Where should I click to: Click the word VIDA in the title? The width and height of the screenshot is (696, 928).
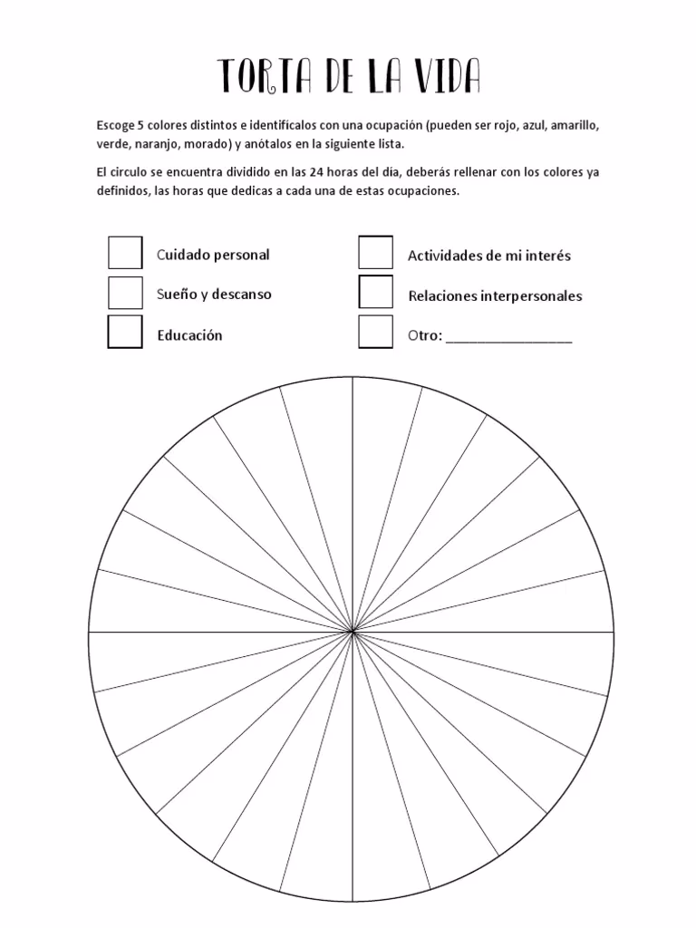(444, 77)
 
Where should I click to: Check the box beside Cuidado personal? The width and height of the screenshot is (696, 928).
(125, 253)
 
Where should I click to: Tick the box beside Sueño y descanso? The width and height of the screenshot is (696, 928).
(125, 293)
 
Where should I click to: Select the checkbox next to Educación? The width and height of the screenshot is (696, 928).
(125, 332)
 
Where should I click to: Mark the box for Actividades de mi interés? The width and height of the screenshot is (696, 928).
(375, 253)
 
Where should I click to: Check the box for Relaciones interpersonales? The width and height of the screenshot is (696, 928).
(375, 293)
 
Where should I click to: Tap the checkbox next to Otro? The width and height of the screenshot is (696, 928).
(375, 332)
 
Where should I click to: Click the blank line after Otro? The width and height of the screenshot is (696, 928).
(508, 339)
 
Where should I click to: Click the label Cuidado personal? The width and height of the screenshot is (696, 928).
(213, 255)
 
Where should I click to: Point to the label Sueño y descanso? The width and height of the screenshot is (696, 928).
(214, 295)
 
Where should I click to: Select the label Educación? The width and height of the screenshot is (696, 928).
(189, 335)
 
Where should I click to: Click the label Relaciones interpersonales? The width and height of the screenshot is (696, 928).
(495, 296)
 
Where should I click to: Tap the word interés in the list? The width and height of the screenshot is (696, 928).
(547, 256)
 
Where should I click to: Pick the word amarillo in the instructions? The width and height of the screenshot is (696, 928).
(575, 126)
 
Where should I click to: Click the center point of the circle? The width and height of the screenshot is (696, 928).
(352, 631)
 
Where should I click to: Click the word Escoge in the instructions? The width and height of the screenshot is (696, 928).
(113, 126)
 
